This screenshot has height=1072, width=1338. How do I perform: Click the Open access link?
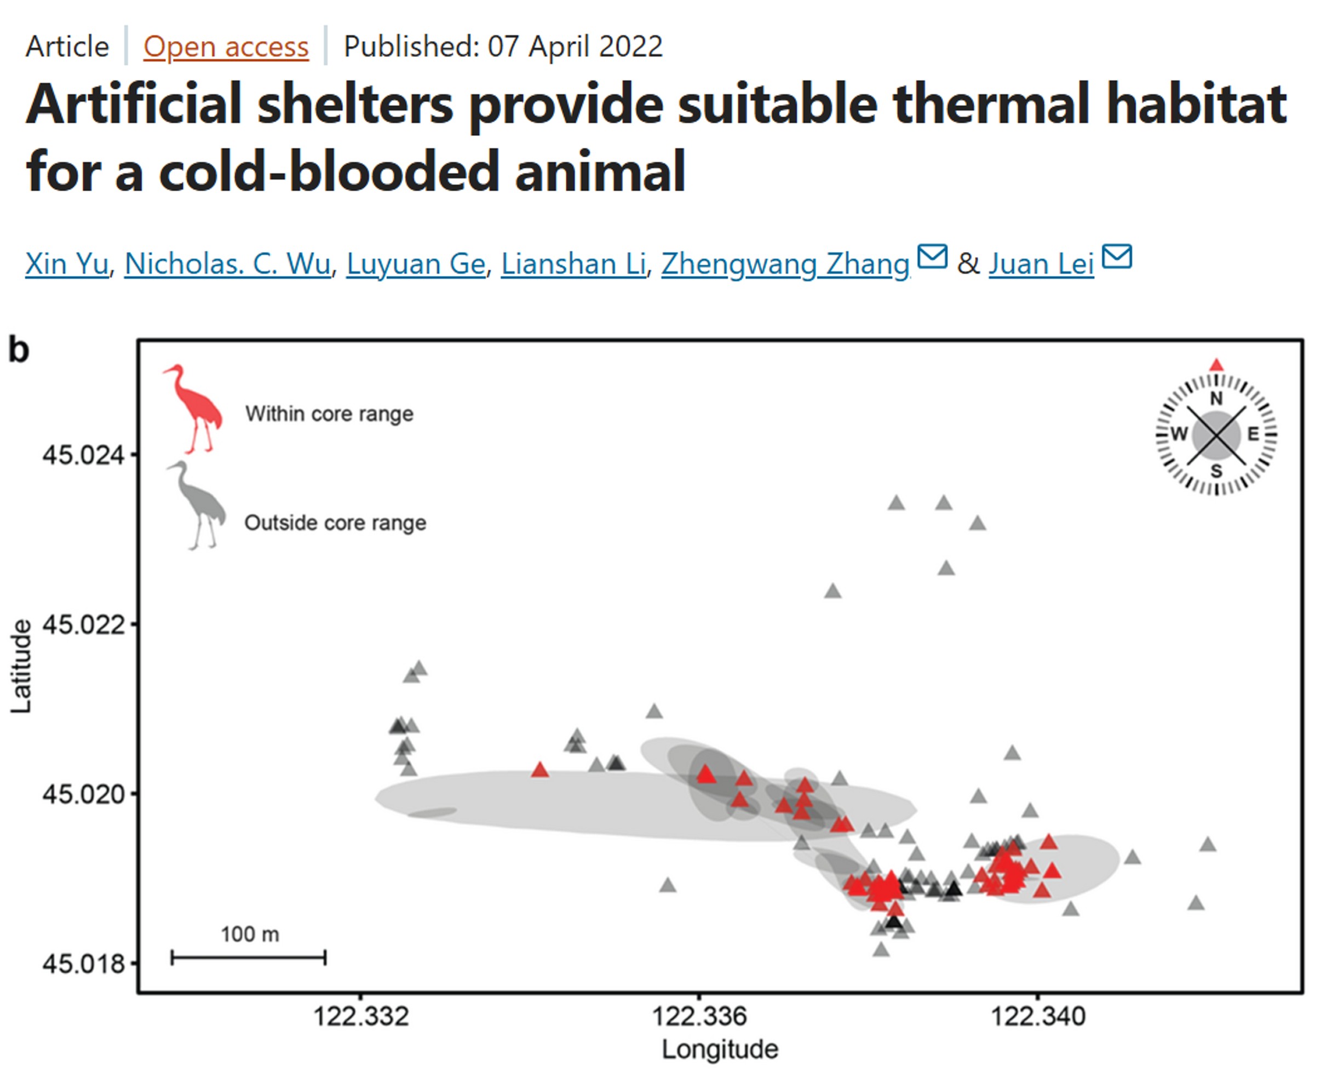226,47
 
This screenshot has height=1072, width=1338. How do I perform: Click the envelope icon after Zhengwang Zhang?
932,256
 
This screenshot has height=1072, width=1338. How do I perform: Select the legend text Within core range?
329,414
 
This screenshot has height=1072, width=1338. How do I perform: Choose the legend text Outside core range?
335,523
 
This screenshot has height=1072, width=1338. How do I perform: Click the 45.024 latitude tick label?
83,456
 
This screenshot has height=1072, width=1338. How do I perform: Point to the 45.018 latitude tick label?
83,964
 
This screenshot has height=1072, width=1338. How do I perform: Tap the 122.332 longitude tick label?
361,1017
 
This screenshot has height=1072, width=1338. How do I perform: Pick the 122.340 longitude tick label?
1038,1017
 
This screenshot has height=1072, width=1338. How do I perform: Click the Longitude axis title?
720,1050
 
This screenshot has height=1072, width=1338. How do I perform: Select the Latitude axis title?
21,667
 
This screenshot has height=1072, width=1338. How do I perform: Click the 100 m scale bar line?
248,958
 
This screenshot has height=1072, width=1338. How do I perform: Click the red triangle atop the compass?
1216,365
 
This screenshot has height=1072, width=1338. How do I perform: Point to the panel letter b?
19,350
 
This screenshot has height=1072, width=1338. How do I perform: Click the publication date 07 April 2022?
575,47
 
